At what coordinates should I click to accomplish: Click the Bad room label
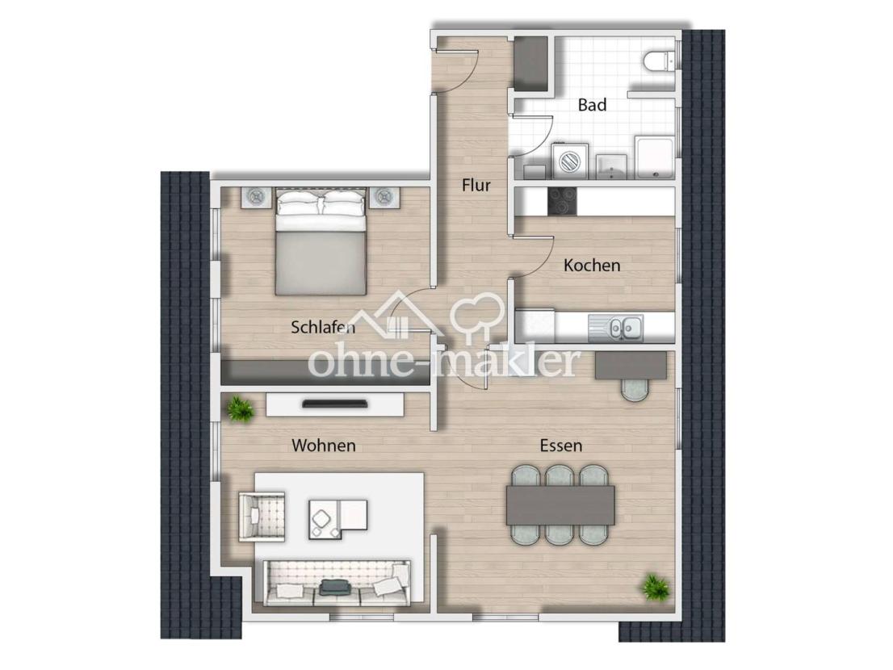592,105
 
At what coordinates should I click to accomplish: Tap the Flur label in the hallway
476,185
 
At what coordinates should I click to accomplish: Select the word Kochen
592,266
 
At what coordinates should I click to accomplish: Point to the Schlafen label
323,327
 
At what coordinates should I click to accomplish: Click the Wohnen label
324,445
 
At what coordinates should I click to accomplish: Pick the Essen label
561,445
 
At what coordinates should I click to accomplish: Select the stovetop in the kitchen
562,202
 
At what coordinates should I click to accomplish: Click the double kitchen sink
616,327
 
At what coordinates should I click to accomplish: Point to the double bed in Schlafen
321,242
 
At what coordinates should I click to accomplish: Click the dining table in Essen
560,505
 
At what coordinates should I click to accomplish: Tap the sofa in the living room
337,582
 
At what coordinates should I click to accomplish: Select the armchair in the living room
262,517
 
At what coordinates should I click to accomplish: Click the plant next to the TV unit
241,409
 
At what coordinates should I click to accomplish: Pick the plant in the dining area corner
655,587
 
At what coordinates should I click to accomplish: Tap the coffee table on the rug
338,518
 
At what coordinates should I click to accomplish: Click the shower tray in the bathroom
654,157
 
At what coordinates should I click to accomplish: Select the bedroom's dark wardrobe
325,373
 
